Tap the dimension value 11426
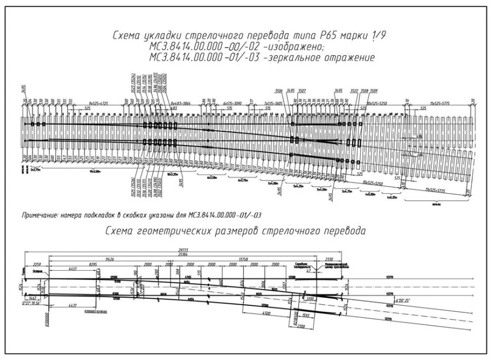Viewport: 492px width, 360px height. click(112, 258)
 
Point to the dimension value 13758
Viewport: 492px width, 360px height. click(241, 258)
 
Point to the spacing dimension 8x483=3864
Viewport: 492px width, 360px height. click(181, 102)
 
